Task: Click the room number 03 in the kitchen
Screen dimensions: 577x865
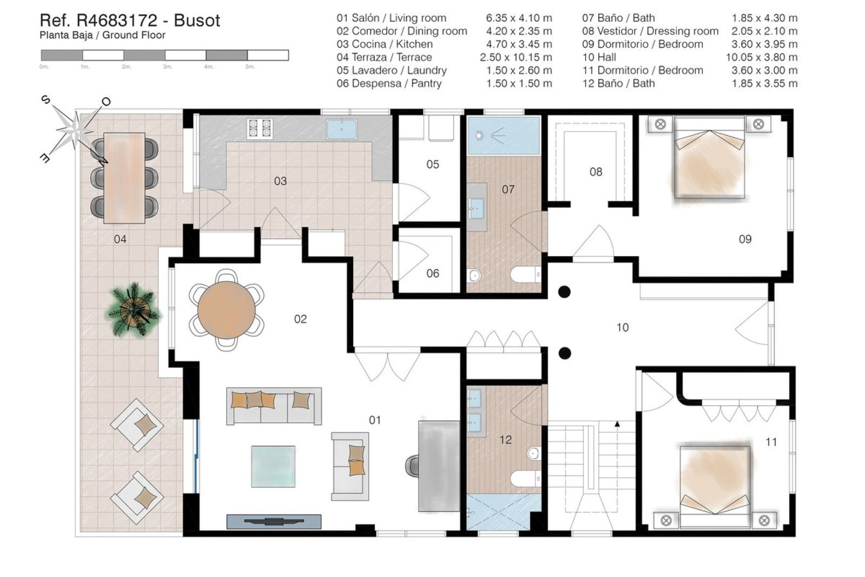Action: click(x=280, y=181)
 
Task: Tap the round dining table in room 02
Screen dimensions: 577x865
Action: click(x=227, y=310)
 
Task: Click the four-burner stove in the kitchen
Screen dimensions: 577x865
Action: click(x=260, y=128)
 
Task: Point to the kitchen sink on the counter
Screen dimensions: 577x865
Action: click(x=341, y=129)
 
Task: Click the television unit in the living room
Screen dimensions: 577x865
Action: click(x=273, y=522)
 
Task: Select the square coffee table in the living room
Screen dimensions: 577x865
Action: click(x=273, y=467)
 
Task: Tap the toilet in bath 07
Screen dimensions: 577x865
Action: click(x=525, y=275)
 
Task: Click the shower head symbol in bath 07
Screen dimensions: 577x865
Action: click(x=479, y=135)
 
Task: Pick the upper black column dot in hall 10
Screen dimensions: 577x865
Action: click(x=564, y=292)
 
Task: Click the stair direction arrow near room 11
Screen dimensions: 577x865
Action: click(x=617, y=424)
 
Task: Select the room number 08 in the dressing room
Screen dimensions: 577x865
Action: click(x=596, y=172)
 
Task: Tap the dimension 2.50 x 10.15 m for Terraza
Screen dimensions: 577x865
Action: click(x=515, y=57)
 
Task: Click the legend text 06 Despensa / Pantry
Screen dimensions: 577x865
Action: click(x=389, y=83)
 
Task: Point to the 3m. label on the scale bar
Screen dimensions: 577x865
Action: click(x=167, y=67)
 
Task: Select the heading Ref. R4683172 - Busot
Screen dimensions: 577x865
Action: click(x=130, y=20)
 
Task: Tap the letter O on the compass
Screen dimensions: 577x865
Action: click(x=106, y=102)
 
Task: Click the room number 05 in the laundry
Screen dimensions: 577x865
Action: click(x=432, y=165)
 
